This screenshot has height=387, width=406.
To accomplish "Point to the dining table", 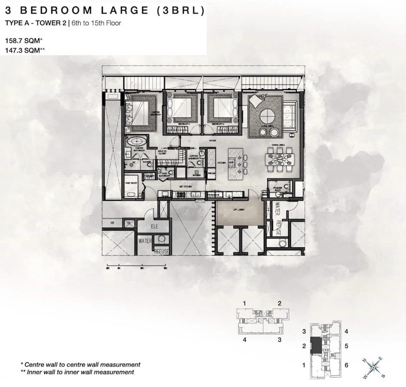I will [x=280, y=160].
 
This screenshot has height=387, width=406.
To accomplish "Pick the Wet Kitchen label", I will [x=186, y=187].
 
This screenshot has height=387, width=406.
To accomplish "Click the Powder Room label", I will [x=278, y=190].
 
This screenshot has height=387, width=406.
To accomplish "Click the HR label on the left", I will [x=113, y=223].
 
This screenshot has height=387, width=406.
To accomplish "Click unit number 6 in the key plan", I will [x=346, y=365].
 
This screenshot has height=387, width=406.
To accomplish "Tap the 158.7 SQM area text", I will [x=23, y=41].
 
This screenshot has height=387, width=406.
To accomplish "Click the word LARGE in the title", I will [x=124, y=10].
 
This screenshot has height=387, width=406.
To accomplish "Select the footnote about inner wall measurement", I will [x=77, y=372].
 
